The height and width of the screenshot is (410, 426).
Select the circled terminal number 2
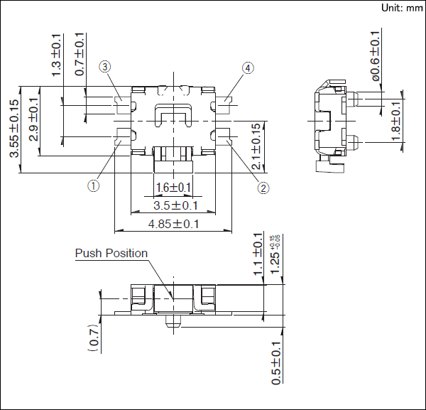click(263, 188)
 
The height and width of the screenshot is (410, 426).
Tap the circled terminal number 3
click(105, 68)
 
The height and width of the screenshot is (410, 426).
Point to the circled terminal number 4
click(248, 68)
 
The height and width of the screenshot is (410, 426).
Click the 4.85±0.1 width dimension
click(173, 224)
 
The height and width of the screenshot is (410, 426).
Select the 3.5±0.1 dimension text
click(173, 206)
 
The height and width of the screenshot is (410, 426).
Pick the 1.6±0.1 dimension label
click(173, 188)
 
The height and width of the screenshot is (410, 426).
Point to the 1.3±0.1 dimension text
click(57, 54)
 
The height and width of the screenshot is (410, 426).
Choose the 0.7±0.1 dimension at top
click(80, 54)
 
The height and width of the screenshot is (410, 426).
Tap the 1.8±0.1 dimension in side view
click(396, 119)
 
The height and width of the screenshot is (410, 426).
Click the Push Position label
click(111, 253)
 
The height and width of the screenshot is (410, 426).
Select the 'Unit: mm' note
click(402, 8)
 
